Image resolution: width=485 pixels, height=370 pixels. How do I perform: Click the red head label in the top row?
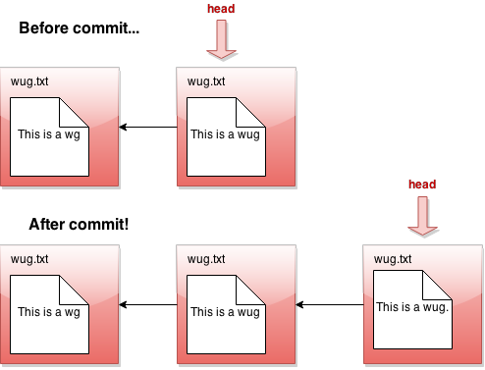click(x=221, y=9)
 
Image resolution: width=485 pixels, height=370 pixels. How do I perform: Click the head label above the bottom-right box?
click(x=422, y=185)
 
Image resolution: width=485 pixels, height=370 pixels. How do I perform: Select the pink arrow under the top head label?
click(x=222, y=40)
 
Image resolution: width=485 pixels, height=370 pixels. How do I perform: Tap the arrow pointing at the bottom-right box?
click(x=423, y=216)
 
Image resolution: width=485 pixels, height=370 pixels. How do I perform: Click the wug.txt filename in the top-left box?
click(x=29, y=81)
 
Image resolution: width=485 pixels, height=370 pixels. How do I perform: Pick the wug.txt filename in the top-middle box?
click(x=206, y=81)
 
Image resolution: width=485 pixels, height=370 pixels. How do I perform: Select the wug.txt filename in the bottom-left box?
click(x=29, y=259)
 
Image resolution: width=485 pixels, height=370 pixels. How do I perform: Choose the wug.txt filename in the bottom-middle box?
click(x=206, y=259)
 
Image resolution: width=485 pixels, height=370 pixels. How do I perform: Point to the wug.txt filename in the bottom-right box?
click(x=394, y=259)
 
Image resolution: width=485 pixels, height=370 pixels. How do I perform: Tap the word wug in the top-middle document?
click(x=249, y=135)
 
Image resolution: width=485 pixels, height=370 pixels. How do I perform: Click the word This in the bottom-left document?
click(x=29, y=313)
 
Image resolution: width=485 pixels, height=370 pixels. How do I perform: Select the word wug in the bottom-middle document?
click(x=249, y=313)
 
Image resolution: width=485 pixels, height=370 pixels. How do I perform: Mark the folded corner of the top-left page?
click(x=78, y=109)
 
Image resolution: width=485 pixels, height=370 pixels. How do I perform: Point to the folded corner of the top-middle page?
click(x=254, y=109)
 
